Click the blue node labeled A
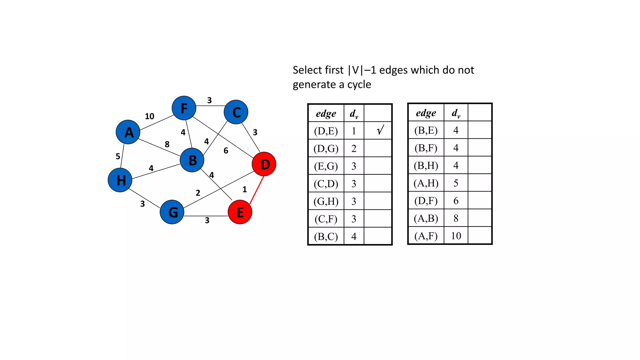(x=128, y=132)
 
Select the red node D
(x=264, y=164)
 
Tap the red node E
(x=240, y=212)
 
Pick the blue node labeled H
(x=120, y=180)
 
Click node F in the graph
(x=184, y=108)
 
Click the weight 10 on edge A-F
(x=149, y=116)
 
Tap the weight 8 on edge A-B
(x=167, y=144)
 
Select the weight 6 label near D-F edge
(x=226, y=151)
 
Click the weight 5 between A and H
(x=118, y=156)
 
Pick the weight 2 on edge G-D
(x=198, y=193)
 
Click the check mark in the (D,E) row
(x=380, y=130)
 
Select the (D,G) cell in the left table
(x=326, y=148)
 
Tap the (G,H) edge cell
(x=326, y=201)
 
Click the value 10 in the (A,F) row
(x=456, y=236)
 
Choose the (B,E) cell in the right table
(x=426, y=130)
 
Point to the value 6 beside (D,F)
(x=456, y=201)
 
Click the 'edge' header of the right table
(x=426, y=113)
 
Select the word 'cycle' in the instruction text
(x=359, y=85)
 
